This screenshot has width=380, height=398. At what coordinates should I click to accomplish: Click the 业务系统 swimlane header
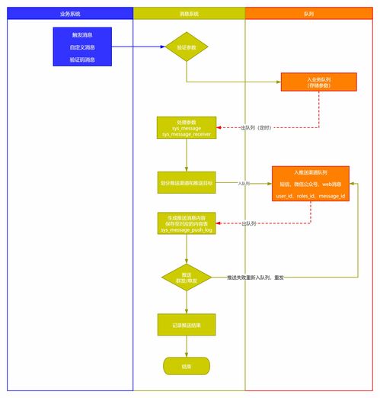point(70,14)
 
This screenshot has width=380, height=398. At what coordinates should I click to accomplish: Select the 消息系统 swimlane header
point(189,14)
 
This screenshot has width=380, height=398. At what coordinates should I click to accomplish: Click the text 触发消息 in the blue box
point(82,35)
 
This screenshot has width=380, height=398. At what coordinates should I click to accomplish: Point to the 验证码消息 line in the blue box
point(82,59)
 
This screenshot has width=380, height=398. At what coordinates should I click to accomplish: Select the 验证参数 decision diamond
point(187,47)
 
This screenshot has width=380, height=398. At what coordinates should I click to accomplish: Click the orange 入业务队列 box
point(318,82)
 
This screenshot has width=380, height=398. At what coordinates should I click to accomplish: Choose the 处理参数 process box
point(187,128)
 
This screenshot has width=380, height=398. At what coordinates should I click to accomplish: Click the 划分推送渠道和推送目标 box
point(187,184)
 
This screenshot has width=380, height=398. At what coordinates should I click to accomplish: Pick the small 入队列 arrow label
point(244,184)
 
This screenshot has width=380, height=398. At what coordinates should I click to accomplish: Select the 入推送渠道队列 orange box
point(310,184)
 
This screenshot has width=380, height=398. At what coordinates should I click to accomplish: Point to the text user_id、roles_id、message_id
point(310,197)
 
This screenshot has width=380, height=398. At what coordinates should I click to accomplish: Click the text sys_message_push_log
point(187,229)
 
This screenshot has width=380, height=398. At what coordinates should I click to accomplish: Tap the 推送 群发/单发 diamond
point(187,278)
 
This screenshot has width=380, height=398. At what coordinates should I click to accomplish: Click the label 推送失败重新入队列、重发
point(256,278)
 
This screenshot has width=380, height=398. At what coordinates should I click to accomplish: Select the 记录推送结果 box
point(187,325)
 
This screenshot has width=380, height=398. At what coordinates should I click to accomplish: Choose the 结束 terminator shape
point(187,366)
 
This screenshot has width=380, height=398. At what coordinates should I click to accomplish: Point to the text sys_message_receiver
point(187,134)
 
